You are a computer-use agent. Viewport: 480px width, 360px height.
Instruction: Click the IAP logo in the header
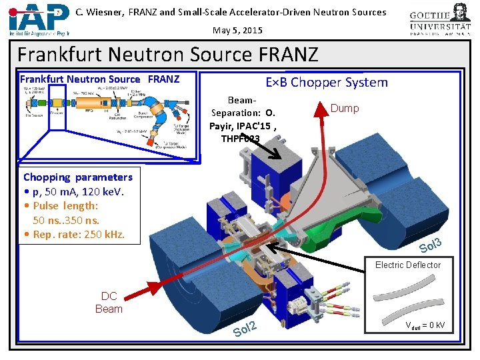tap(39, 19)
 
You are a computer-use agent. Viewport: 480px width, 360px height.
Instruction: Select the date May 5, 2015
tap(238, 30)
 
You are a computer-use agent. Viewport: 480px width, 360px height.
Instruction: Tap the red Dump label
tap(345, 108)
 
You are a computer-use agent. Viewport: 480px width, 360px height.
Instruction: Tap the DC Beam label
tap(109, 303)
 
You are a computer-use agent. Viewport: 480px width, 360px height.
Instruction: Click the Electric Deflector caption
tap(407, 265)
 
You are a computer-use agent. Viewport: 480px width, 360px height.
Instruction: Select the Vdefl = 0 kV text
tap(425, 325)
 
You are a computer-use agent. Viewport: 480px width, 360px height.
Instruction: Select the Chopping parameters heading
tap(78, 177)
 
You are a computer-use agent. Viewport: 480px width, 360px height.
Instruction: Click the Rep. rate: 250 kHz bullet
tap(74, 234)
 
